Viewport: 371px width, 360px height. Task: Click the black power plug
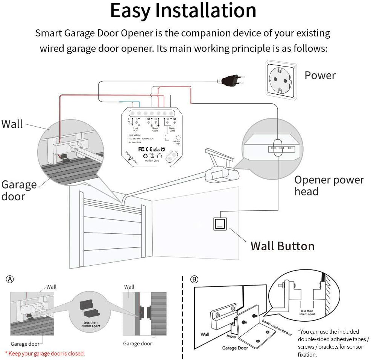click(230, 80)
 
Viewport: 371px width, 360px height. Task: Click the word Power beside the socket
click(320, 75)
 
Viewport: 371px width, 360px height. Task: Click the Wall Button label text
click(282, 246)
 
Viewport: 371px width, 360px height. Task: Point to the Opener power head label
click(329, 186)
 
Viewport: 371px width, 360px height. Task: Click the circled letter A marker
click(10, 279)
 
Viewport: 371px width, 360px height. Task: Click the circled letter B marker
click(194, 279)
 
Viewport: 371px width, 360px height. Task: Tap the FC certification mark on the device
click(142, 148)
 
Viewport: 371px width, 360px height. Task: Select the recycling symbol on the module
click(145, 156)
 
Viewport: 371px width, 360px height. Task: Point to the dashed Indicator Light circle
click(179, 138)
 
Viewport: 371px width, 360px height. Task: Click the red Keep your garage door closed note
click(45, 353)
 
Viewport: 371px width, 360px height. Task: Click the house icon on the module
click(160, 156)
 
